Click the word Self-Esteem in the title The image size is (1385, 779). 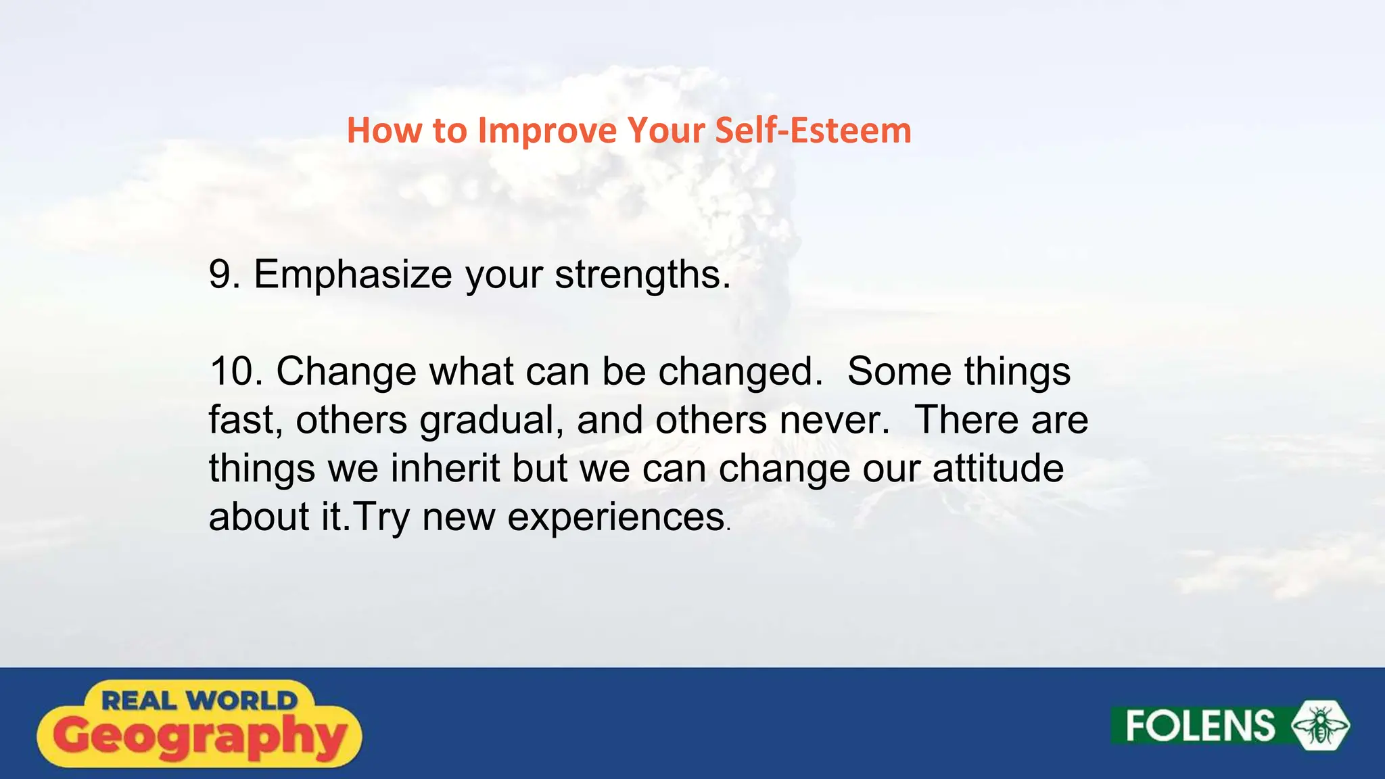pos(813,131)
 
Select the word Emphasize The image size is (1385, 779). pos(352,275)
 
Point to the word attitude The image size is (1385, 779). pos(997,468)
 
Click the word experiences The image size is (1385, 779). pos(615,518)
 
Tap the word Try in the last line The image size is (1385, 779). pos(381,518)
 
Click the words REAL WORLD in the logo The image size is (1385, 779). pos(199,701)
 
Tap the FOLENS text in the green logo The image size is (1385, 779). pos(1200,726)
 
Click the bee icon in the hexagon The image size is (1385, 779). pos(1320,726)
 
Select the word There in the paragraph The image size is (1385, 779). pos(966,420)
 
